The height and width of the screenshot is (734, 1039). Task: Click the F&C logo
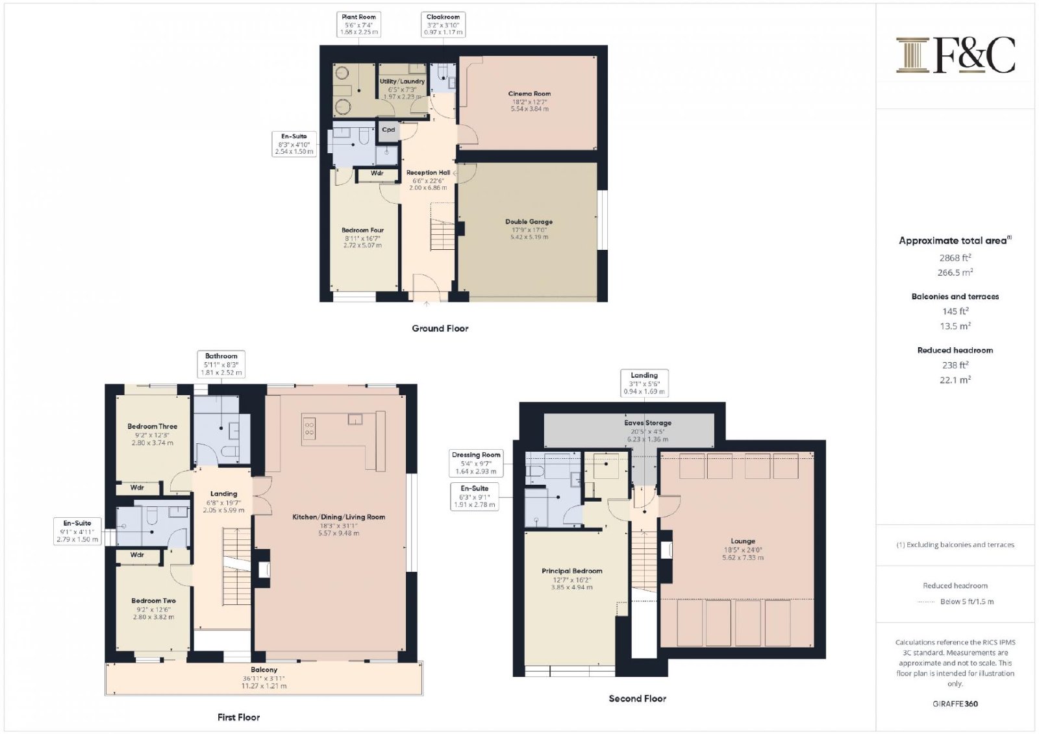tap(955, 55)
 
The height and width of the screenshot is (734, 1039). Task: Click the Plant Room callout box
tap(358, 25)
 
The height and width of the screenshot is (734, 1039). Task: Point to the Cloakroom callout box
tap(443, 25)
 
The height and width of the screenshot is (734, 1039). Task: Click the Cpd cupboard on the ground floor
tap(389, 130)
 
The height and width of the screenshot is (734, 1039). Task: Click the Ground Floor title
tap(440, 328)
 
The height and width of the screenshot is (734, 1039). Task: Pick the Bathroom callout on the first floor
tap(221, 364)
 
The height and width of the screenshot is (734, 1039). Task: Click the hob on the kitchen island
tap(309, 428)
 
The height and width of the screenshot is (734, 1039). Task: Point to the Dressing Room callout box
tap(476, 463)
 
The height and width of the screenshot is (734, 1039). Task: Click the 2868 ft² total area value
tap(955, 258)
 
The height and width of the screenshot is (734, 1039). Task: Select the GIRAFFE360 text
tap(955, 704)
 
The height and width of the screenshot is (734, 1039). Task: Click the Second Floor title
tap(637, 698)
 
